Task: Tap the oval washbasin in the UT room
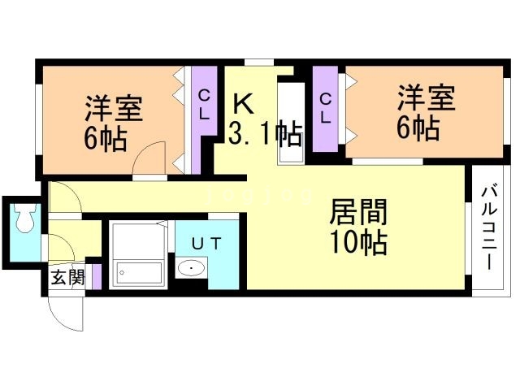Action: click(191, 267)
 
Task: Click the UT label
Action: click(206, 244)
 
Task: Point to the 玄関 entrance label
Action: click(67, 277)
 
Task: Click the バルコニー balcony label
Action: click(489, 228)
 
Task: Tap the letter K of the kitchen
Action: click(243, 103)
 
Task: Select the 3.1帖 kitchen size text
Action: click(266, 133)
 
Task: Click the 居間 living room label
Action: click(358, 212)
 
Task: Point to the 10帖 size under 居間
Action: click(358, 242)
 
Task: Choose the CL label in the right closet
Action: click(325, 108)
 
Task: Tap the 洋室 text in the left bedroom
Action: click(114, 108)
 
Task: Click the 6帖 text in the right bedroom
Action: click(418, 128)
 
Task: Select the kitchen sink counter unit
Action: click(291, 123)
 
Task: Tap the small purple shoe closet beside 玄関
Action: click(97, 277)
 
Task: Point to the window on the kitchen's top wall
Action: click(259, 63)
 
